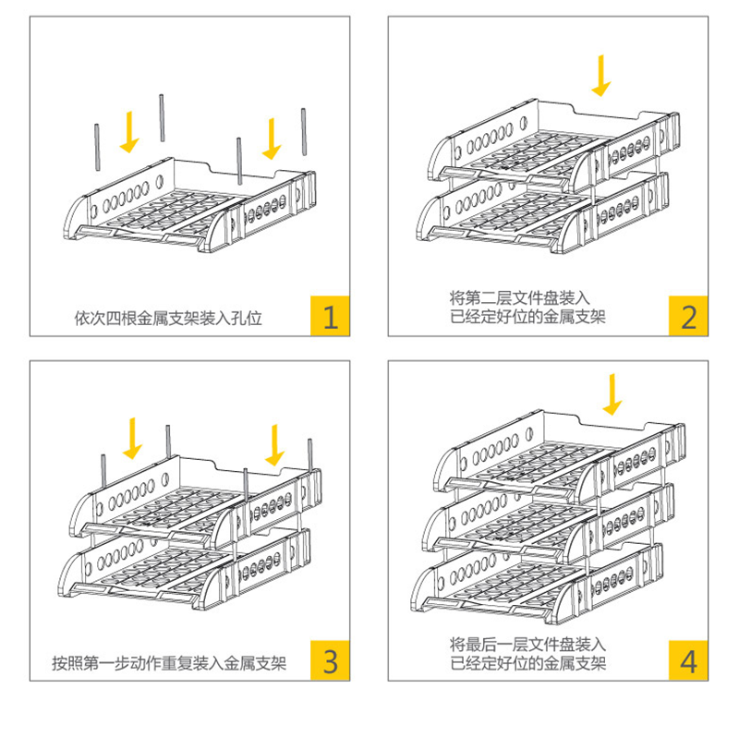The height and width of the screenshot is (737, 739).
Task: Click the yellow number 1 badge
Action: [330, 316]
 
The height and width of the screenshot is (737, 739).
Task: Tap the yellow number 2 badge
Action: [688, 316]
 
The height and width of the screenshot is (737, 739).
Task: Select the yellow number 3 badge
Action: [330, 660]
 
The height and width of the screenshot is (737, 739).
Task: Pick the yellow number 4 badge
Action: [688, 660]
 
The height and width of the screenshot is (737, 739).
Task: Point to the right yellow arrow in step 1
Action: [272, 138]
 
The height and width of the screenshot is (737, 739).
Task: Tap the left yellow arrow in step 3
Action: [134, 439]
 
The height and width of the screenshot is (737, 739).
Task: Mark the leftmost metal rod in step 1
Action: [96, 148]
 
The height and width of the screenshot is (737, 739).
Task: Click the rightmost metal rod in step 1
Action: [303, 135]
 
